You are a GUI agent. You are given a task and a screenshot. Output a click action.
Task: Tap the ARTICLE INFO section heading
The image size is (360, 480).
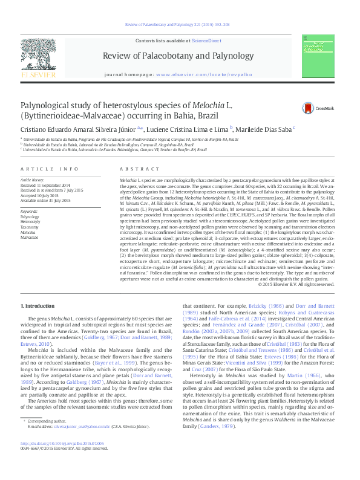(50, 169)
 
